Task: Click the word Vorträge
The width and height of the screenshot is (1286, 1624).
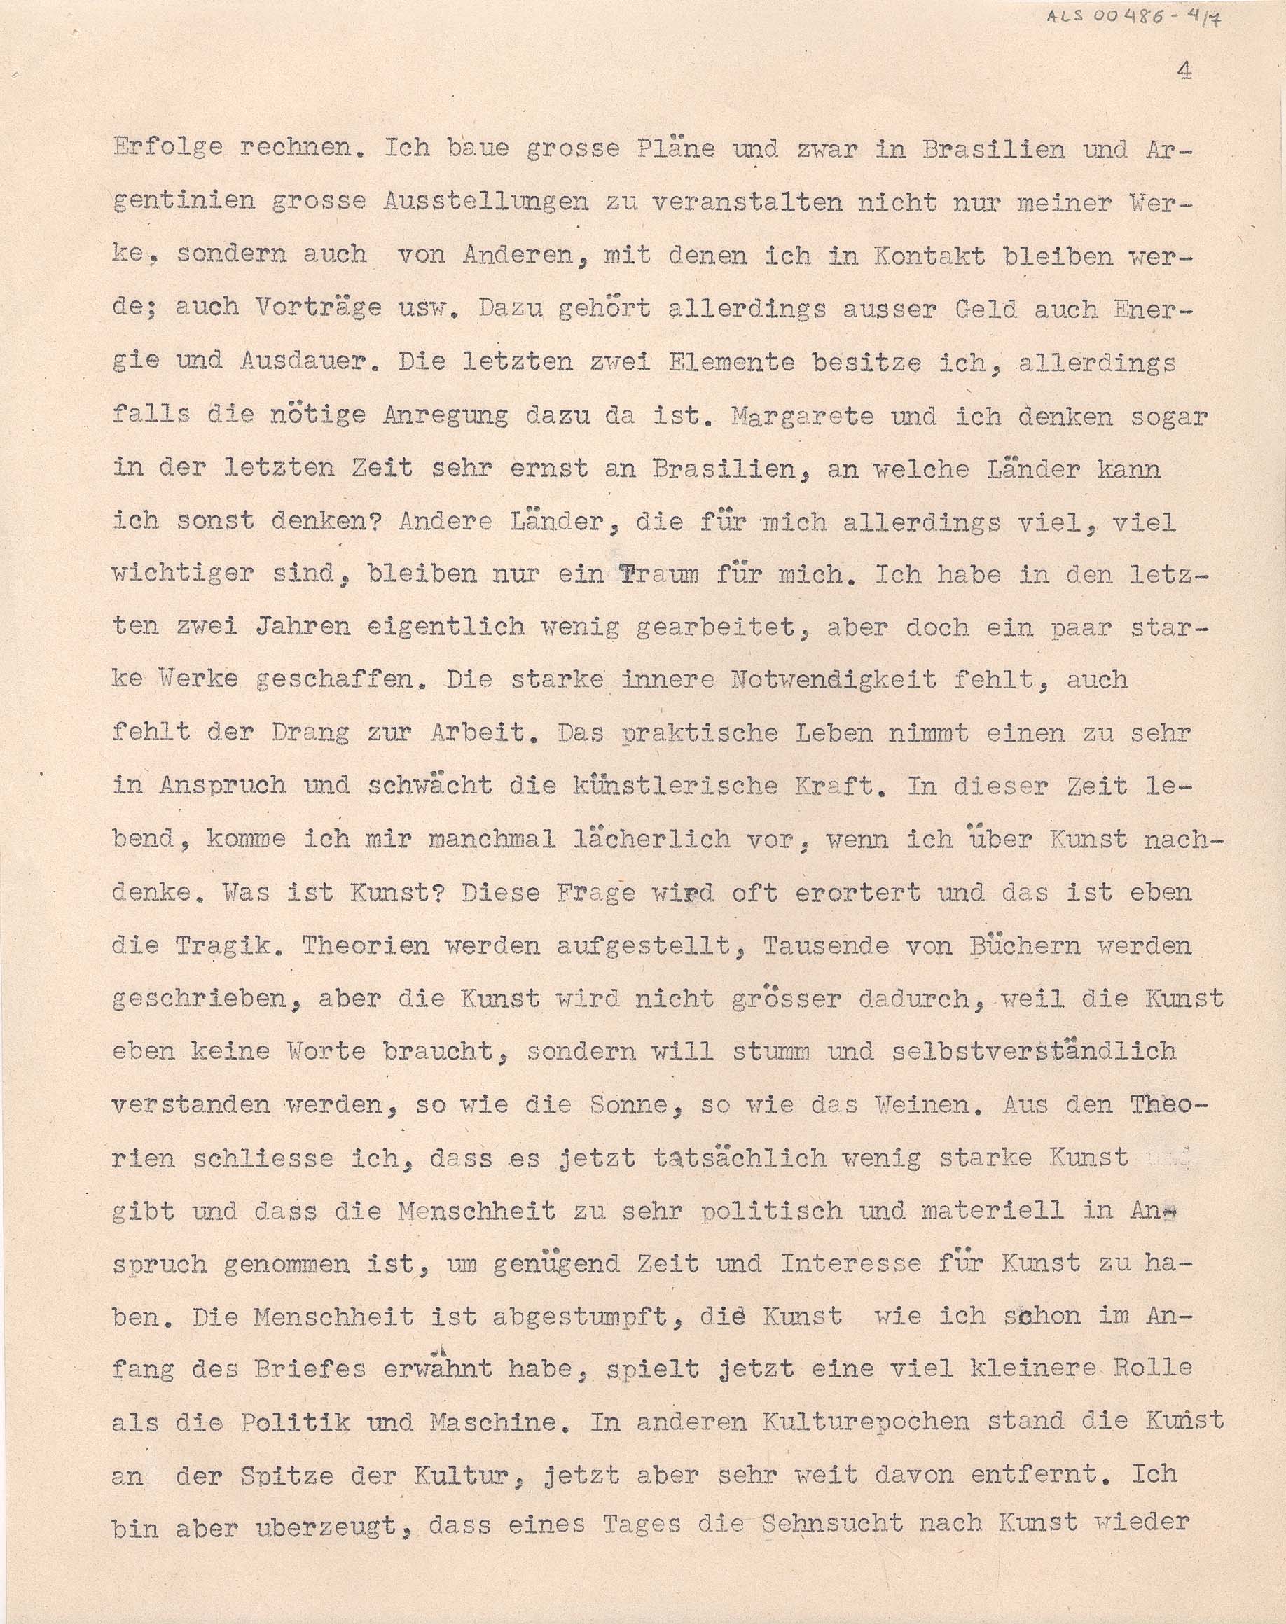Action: [310, 308]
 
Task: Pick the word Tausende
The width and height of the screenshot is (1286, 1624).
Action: [827, 945]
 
